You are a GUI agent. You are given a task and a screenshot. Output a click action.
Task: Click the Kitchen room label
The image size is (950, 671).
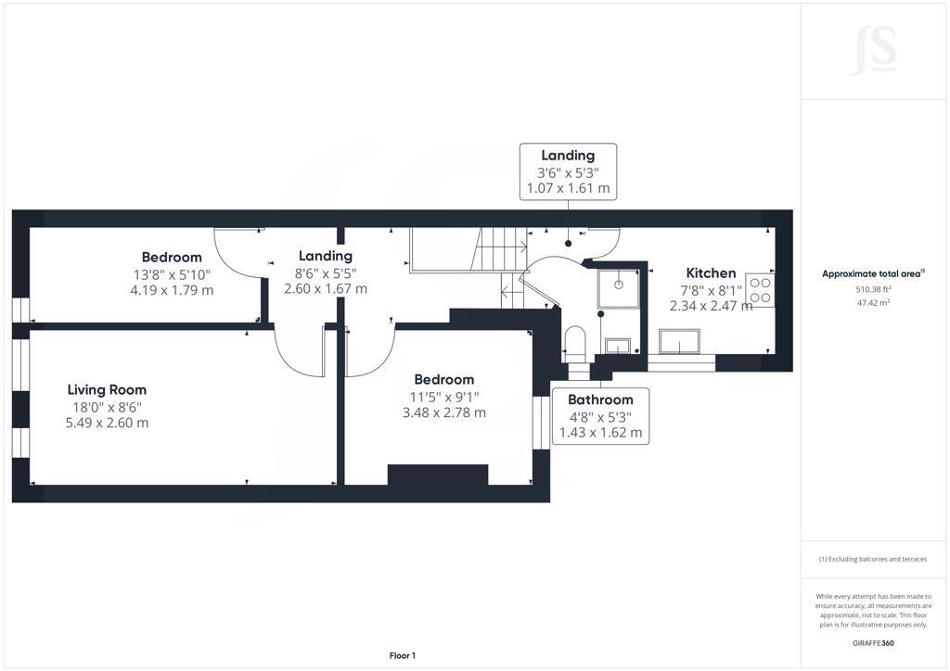[x=711, y=272]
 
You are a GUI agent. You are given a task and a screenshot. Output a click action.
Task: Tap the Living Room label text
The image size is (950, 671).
[x=107, y=390]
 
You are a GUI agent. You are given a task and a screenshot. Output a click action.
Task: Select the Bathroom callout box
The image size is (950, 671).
[x=600, y=416]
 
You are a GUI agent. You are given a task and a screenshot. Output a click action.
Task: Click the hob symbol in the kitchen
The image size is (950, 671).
[x=761, y=290]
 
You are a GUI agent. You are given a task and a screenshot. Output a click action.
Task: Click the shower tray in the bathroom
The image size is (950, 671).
[x=619, y=289]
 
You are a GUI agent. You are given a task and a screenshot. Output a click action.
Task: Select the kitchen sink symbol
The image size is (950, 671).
[x=679, y=342]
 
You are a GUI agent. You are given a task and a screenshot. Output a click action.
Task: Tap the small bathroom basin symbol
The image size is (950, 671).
[x=618, y=347]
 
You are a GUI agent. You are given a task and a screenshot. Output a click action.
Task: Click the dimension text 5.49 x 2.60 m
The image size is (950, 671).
[x=107, y=423]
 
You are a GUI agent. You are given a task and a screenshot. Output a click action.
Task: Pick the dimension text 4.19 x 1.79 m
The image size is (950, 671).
[x=172, y=290]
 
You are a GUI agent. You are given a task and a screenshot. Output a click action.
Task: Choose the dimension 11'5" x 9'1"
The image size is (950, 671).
[x=444, y=397]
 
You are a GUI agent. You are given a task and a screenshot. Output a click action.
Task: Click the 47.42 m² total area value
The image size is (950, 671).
[x=873, y=302]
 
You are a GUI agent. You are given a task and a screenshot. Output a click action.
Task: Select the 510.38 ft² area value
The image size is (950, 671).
[x=873, y=289]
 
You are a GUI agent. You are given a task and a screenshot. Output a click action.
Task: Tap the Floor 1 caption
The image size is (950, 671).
[x=403, y=656]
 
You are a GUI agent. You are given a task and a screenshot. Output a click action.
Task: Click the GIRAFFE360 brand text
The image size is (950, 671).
[x=873, y=643]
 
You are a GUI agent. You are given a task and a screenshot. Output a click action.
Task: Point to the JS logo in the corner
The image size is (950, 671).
[x=874, y=51]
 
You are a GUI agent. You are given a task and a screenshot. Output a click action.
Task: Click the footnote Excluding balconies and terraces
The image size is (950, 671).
[x=873, y=559]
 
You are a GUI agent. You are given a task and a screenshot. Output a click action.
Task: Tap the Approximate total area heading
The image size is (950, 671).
[x=873, y=274]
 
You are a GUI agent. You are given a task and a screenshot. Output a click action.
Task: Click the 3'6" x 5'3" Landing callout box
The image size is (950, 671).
[x=569, y=171]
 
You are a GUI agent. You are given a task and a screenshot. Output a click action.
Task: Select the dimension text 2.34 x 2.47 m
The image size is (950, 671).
[x=711, y=306]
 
